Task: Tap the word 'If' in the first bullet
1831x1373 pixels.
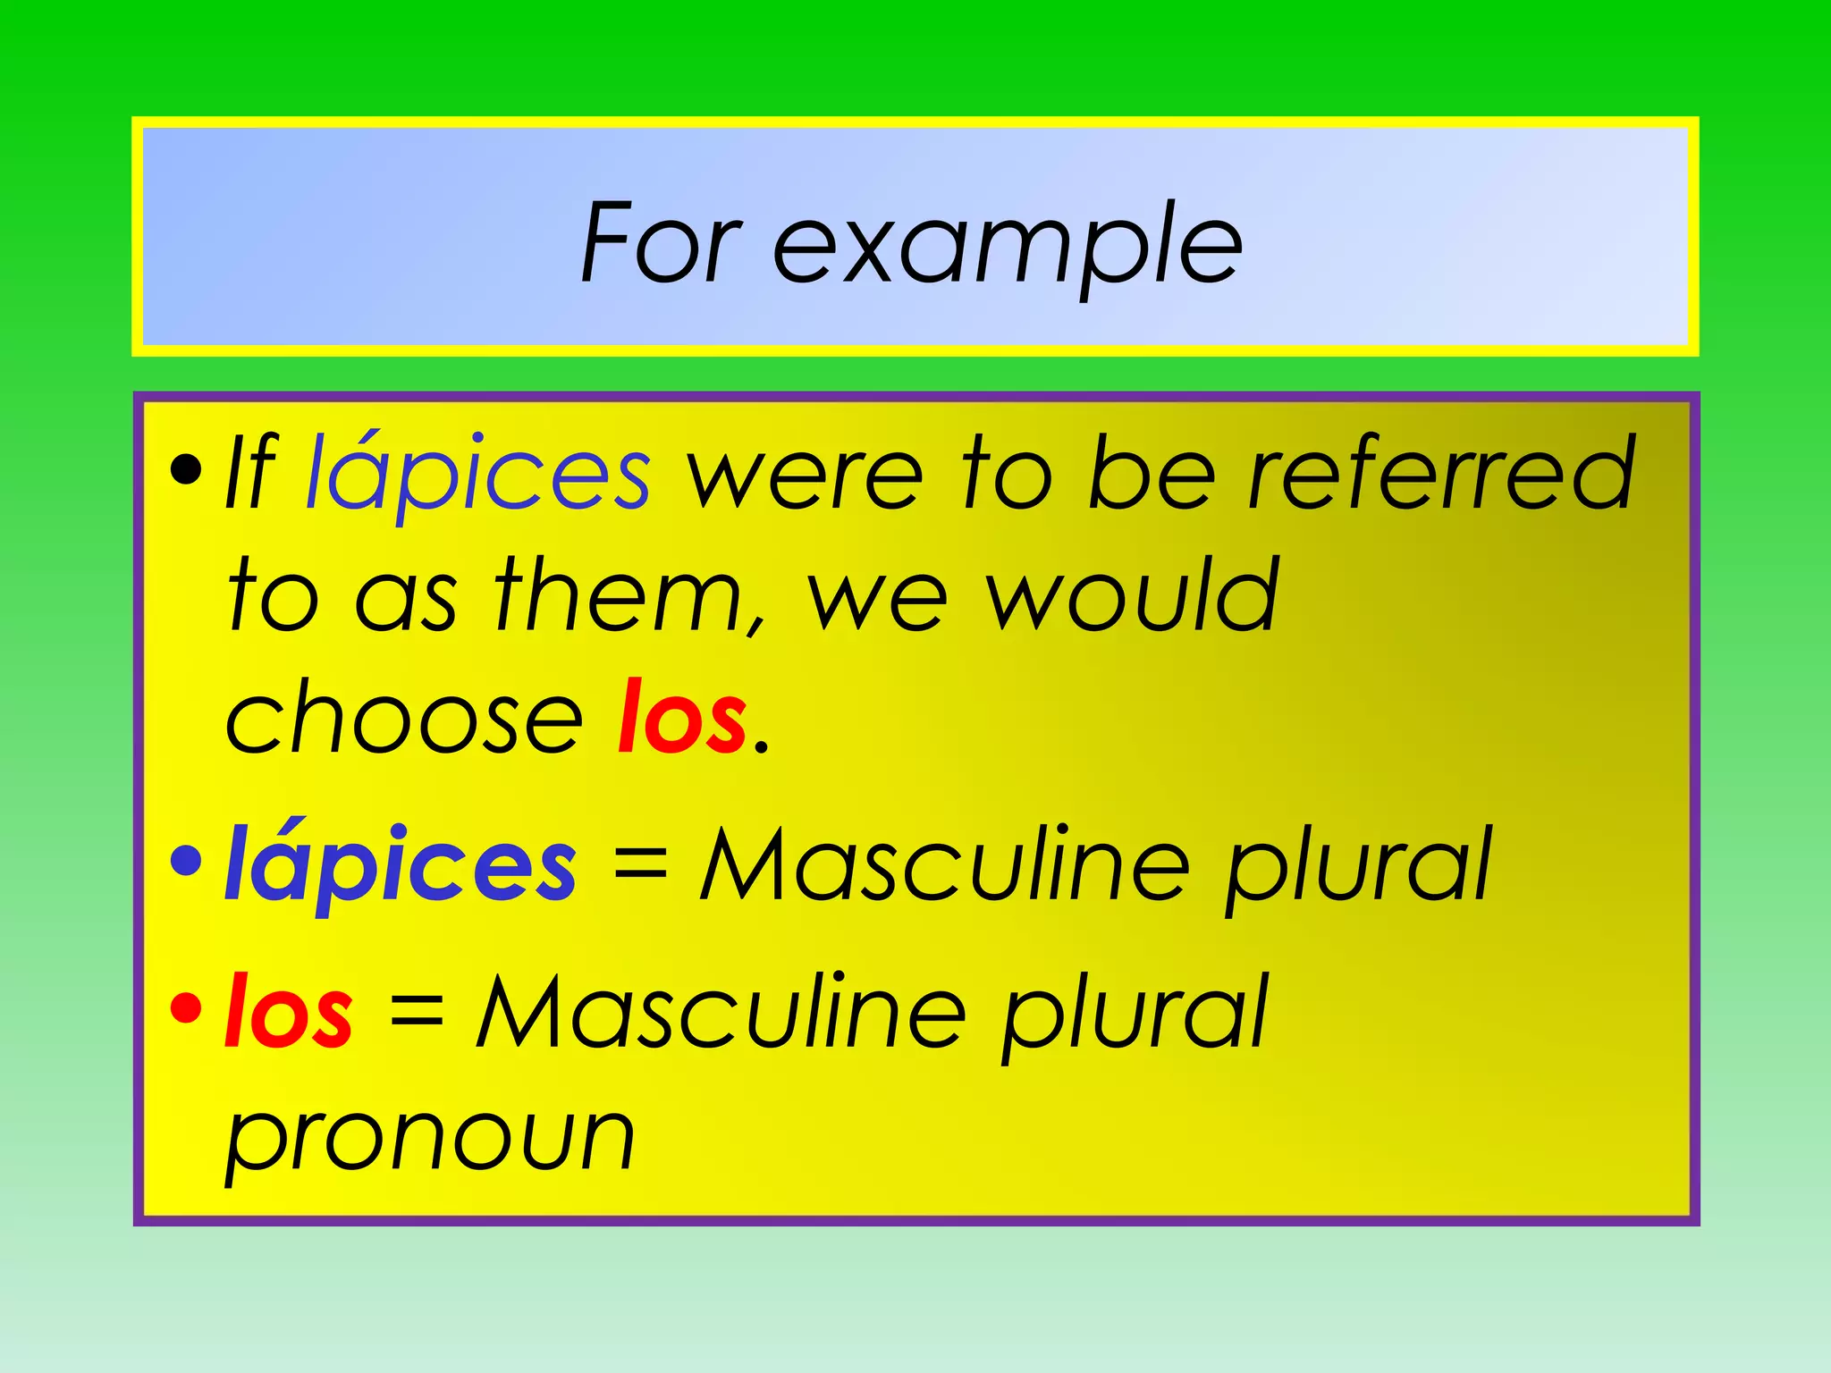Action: tap(251, 474)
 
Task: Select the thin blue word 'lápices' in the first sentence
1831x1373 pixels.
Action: tap(477, 476)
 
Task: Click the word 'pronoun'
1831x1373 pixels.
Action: tap(430, 1140)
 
